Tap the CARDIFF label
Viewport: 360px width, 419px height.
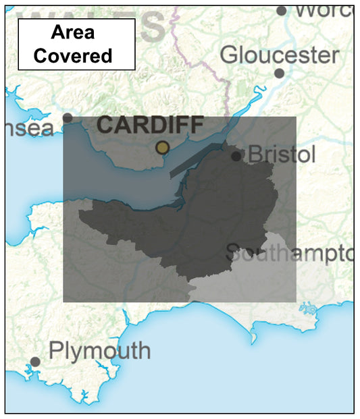point(150,125)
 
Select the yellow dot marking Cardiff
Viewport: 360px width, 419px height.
point(162,147)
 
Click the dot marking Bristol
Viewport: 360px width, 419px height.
point(236,156)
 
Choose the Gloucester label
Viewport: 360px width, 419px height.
point(280,54)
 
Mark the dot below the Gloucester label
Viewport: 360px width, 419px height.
point(279,73)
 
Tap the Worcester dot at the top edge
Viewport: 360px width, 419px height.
point(281,10)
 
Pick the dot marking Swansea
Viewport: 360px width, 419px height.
point(68,118)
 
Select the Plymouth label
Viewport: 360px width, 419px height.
point(100,351)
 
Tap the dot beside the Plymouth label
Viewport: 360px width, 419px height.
point(35,362)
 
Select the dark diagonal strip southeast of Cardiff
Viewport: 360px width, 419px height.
point(196,160)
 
